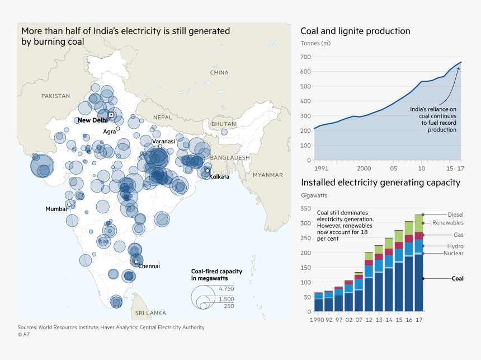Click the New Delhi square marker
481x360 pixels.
click(x=111, y=115)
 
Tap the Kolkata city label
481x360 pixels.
click(x=219, y=177)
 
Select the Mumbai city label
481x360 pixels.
click(x=56, y=209)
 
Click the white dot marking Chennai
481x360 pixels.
click(x=136, y=261)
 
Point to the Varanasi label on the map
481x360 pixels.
click(x=164, y=142)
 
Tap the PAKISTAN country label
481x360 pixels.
click(x=55, y=96)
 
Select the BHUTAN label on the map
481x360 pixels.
click(x=224, y=124)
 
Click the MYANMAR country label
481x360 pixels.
click(x=268, y=175)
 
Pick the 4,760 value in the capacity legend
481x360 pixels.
click(x=227, y=288)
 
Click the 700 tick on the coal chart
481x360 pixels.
click(x=305, y=57)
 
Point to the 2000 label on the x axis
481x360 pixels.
click(x=364, y=168)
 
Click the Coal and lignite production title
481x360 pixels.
click(x=355, y=31)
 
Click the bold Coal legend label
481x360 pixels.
click(x=458, y=278)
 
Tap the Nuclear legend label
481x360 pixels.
click(x=453, y=254)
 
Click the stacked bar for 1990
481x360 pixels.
click(x=318, y=302)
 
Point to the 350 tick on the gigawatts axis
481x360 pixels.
click(x=305, y=208)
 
